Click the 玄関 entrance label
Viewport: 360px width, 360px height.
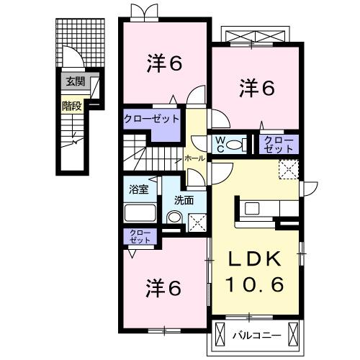coord(73,81)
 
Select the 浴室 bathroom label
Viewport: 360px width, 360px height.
coord(138,190)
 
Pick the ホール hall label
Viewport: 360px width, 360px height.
coord(194,156)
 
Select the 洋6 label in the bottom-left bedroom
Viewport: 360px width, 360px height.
coord(163,288)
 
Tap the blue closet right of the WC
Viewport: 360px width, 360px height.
coord(278,143)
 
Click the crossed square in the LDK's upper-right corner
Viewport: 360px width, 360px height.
coord(289,170)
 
